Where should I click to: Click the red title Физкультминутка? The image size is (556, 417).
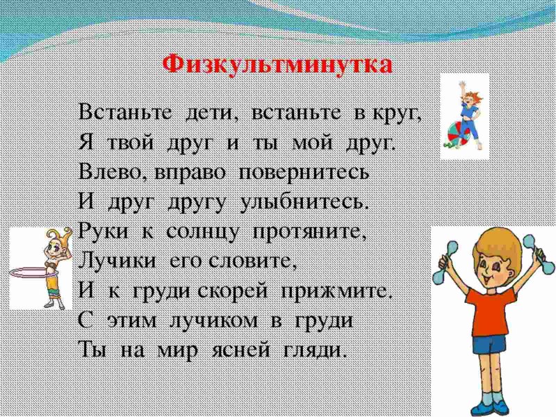(x=277, y=65)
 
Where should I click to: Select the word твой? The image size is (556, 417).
(x=132, y=142)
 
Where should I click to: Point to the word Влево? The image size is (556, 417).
(x=111, y=172)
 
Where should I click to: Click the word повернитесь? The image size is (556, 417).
(x=304, y=172)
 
